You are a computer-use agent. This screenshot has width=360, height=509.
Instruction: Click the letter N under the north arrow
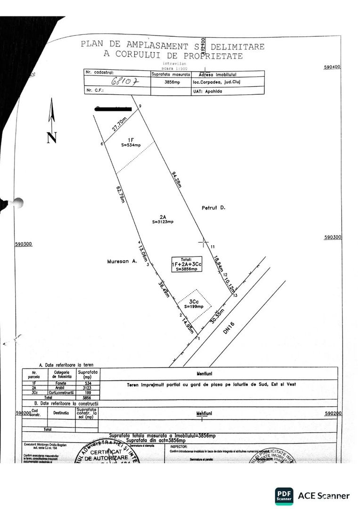click(x=52, y=137)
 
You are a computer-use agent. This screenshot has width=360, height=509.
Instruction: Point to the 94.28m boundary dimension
click(x=177, y=180)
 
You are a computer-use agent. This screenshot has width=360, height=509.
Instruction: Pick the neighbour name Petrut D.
click(x=212, y=206)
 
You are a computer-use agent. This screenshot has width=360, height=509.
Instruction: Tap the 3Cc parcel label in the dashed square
click(x=194, y=301)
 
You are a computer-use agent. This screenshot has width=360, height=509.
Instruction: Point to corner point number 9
click(x=140, y=108)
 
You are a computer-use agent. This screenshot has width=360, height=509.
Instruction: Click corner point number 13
click(x=235, y=295)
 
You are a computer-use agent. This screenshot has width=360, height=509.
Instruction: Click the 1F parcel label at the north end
click(x=131, y=140)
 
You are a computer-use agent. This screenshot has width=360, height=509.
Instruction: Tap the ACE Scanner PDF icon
click(x=284, y=496)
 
